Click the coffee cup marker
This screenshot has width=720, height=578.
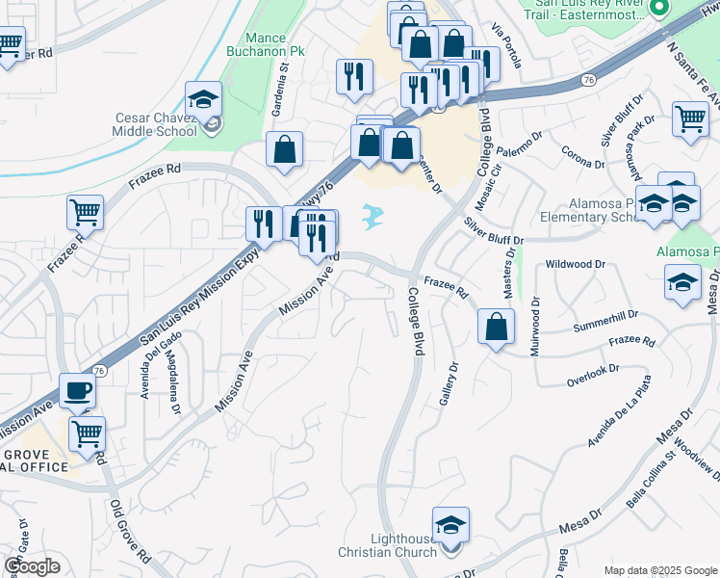click(78, 391)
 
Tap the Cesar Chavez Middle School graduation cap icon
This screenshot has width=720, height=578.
click(204, 98)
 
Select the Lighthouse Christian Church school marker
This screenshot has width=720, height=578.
click(450, 525)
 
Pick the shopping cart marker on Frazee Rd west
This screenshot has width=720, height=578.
click(85, 213)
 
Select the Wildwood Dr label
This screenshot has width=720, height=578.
click(575, 263)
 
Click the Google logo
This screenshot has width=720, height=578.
click(32, 566)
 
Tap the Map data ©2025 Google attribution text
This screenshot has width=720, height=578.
click(659, 570)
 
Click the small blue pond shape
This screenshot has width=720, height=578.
click(373, 216)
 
